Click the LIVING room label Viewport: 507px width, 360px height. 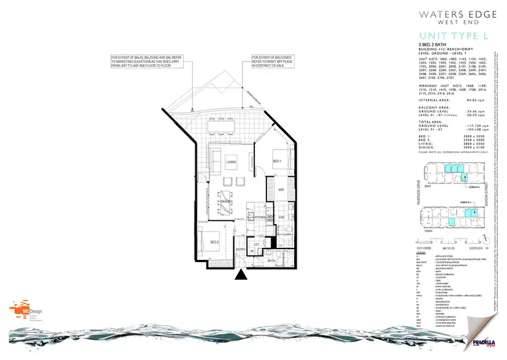tap(231, 162)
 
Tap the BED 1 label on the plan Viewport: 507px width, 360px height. tap(276, 162)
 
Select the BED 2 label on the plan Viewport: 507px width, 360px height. tap(212, 241)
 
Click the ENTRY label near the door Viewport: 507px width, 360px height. tap(241, 249)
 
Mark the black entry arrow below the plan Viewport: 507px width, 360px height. tap(241, 274)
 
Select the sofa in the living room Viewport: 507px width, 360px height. tap(216, 161)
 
